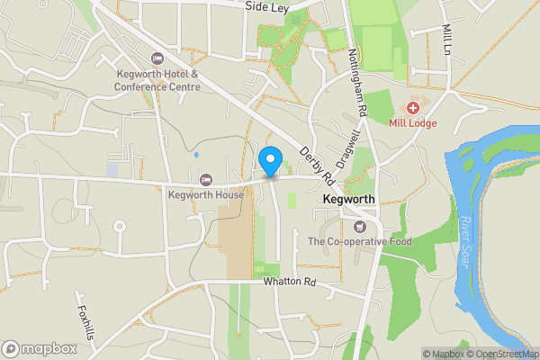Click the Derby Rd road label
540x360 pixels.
pyautogui.click(x=317, y=163)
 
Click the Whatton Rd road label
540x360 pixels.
pyautogui.click(x=291, y=282)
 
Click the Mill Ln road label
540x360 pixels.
pyautogui.click(x=447, y=40)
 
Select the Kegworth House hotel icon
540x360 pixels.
pyautogui.click(x=206, y=179)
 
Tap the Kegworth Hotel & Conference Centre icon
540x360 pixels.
pyautogui.click(x=159, y=58)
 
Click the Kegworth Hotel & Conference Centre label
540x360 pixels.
pyautogui.click(x=156, y=80)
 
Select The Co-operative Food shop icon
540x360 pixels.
pyautogui.click(x=360, y=226)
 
